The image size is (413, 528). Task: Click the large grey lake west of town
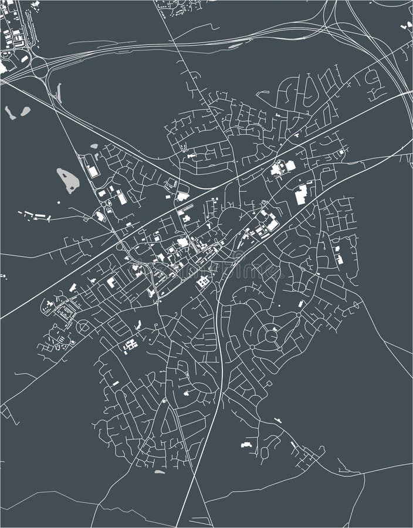coord(67,180)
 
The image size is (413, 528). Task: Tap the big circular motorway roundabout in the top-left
coord(39,66)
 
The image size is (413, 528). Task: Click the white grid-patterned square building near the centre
coord(203,282)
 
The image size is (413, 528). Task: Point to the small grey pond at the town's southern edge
coord(159,472)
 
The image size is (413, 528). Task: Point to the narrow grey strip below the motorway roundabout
coord(59,92)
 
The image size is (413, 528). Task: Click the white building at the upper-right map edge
coord(407,26)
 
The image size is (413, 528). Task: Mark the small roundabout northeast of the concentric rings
coord(299,315)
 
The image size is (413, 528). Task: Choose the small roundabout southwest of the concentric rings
coord(252,347)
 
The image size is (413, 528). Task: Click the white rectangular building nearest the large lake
coord(93,171)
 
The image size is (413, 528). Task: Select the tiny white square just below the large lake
coord(59,202)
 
